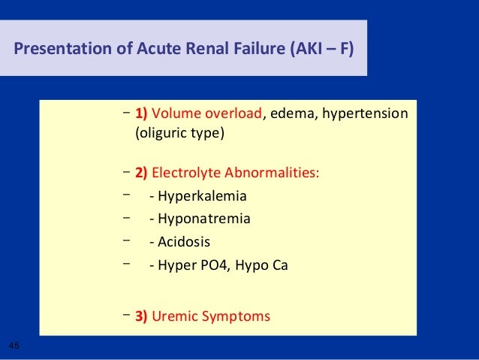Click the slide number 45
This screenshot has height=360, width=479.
[x=14, y=345]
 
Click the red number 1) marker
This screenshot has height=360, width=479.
[x=142, y=113]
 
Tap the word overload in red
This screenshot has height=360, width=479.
[x=234, y=113]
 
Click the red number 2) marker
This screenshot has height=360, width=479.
[x=142, y=174]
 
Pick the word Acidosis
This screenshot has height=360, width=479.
[x=184, y=242]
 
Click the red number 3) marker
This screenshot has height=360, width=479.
[x=142, y=316]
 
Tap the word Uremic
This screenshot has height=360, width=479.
[x=176, y=316]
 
